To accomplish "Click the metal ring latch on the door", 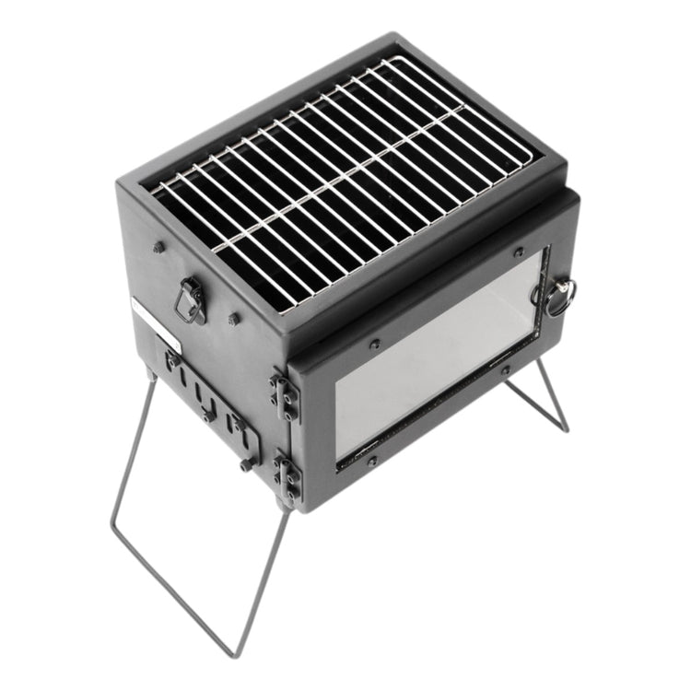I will click(559, 297).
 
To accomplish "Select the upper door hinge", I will click(285, 391).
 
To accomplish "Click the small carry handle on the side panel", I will click(191, 301).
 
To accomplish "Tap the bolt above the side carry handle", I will click(158, 247).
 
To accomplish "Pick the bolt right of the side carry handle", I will click(235, 319).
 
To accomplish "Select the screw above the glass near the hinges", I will click(374, 345).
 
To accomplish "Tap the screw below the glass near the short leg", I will click(506, 372).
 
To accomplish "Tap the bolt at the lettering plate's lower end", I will click(247, 464).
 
